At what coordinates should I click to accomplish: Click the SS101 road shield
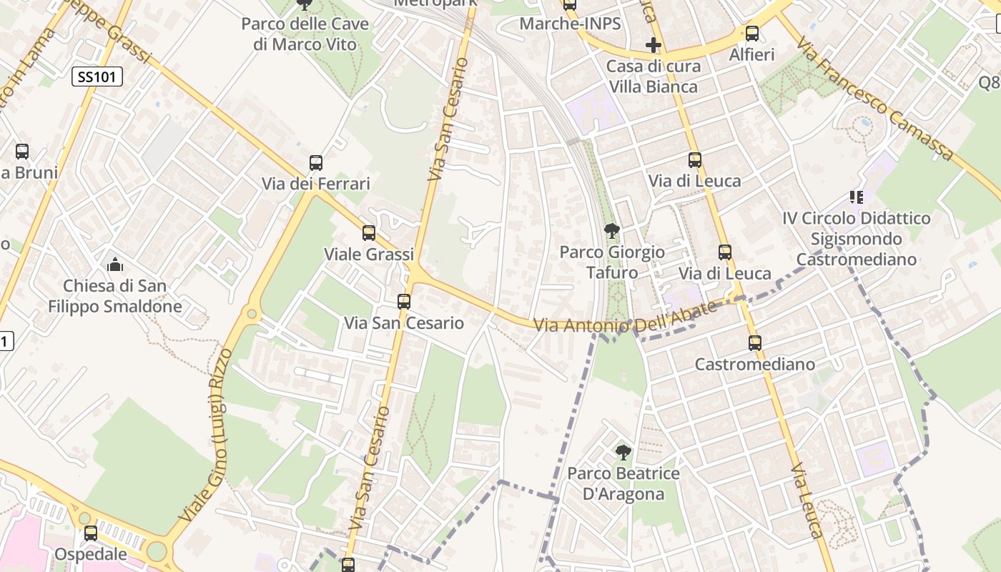pos(97,77)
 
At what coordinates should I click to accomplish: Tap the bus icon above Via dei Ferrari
pos(316,163)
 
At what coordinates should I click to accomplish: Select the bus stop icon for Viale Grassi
pos(369,233)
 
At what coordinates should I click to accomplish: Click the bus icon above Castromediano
pos(755,343)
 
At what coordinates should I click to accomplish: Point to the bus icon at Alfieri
pos(752,34)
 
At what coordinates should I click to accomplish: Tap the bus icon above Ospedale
pos(91,533)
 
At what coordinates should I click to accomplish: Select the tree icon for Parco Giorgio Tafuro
pos(611,231)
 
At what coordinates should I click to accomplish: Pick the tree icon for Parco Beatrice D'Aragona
pos(623,452)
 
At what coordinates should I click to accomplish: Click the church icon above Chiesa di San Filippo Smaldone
pos(115,265)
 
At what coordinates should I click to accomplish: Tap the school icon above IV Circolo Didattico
pos(856,197)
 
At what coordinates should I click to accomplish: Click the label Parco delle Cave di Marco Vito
pos(305,34)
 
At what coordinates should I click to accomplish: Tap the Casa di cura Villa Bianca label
pos(653,77)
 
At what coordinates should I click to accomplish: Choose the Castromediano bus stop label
pos(755,365)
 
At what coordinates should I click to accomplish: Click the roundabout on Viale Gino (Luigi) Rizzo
pos(252,313)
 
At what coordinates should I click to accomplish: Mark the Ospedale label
pos(91,554)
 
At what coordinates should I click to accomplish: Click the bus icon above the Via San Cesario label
pos(404,302)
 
